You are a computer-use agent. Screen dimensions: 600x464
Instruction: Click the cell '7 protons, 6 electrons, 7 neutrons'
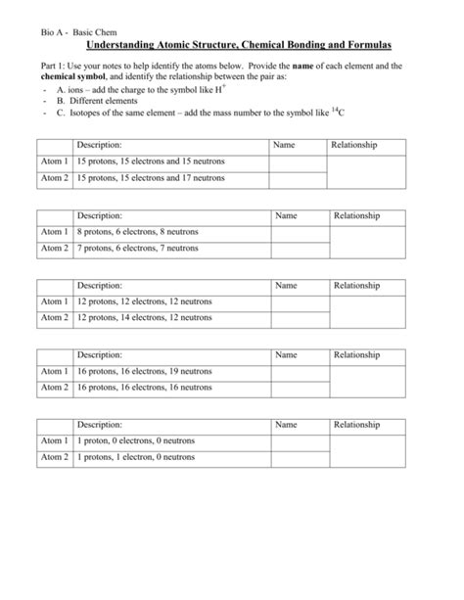tap(137, 249)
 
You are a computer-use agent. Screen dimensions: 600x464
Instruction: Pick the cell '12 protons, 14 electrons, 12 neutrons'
tap(144, 318)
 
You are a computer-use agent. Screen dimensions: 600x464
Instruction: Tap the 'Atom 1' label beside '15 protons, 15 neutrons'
tap(54, 162)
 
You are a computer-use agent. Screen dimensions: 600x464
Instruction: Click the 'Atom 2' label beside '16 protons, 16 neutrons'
tap(54, 388)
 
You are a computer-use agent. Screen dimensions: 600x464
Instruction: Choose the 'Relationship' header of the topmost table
tap(354, 145)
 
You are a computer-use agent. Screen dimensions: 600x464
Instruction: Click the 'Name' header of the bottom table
tap(286, 425)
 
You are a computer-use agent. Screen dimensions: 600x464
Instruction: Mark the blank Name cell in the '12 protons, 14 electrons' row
tap(299, 318)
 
